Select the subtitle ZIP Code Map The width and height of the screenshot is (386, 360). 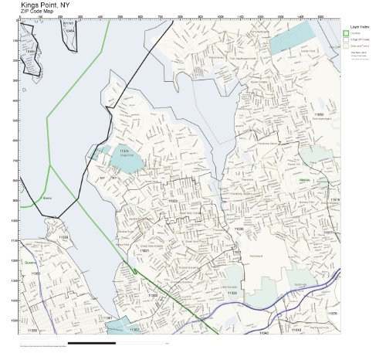pos(38,13)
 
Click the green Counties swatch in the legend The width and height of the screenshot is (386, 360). pos(347,33)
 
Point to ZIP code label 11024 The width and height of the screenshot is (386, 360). pos(124,150)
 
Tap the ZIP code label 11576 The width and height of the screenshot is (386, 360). pos(332,314)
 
